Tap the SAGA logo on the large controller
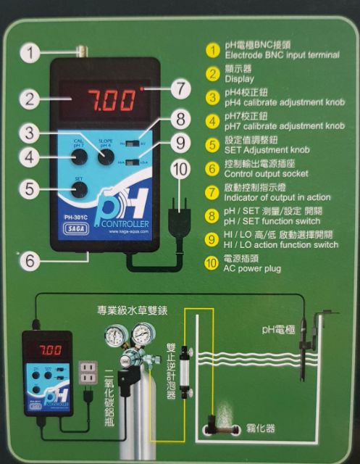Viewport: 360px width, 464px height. pyautogui.click(x=70, y=226)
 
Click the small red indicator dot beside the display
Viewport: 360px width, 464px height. pyautogui.click(x=144, y=87)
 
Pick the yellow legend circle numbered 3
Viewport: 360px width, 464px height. pyautogui.click(x=212, y=96)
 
